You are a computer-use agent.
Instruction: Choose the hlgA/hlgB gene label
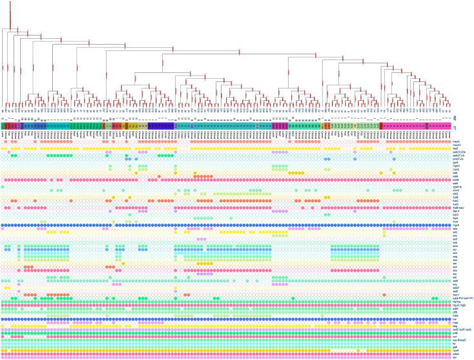pos(462,306)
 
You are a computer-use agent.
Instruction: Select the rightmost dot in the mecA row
pos(448,140)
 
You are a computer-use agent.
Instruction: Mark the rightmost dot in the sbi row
pos(448,357)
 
